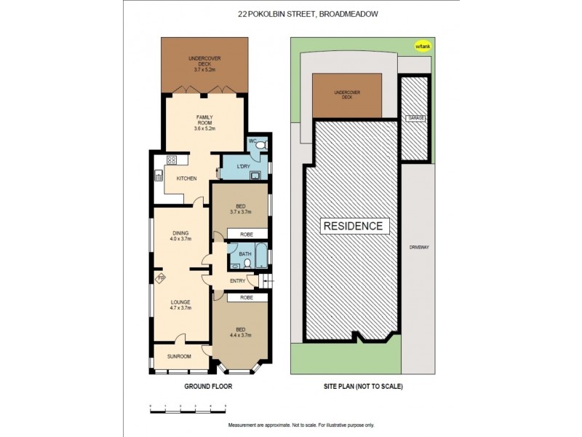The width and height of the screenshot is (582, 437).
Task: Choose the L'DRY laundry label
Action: click(244, 167)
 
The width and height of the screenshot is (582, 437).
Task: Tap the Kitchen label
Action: click(186, 178)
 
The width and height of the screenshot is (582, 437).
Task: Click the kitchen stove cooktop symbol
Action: click(172, 160)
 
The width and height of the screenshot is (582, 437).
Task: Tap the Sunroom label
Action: click(178, 357)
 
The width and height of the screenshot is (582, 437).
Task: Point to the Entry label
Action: click(237, 280)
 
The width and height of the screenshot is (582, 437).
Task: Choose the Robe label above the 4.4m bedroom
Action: click(239, 297)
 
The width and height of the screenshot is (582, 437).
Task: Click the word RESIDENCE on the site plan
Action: click(353, 226)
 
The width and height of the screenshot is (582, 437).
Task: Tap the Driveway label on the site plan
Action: click(416, 247)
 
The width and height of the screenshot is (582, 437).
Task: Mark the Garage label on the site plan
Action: click(415, 117)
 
